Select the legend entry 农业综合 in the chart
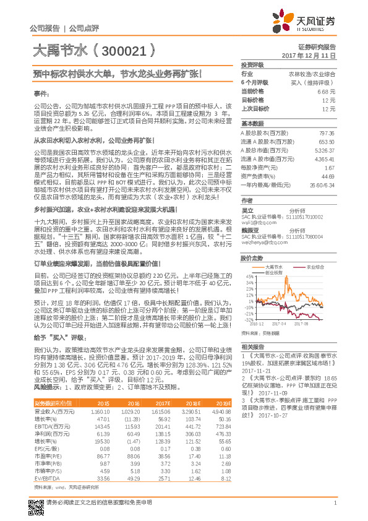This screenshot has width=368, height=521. point(318,266)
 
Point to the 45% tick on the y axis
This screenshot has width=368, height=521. point(249,276)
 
